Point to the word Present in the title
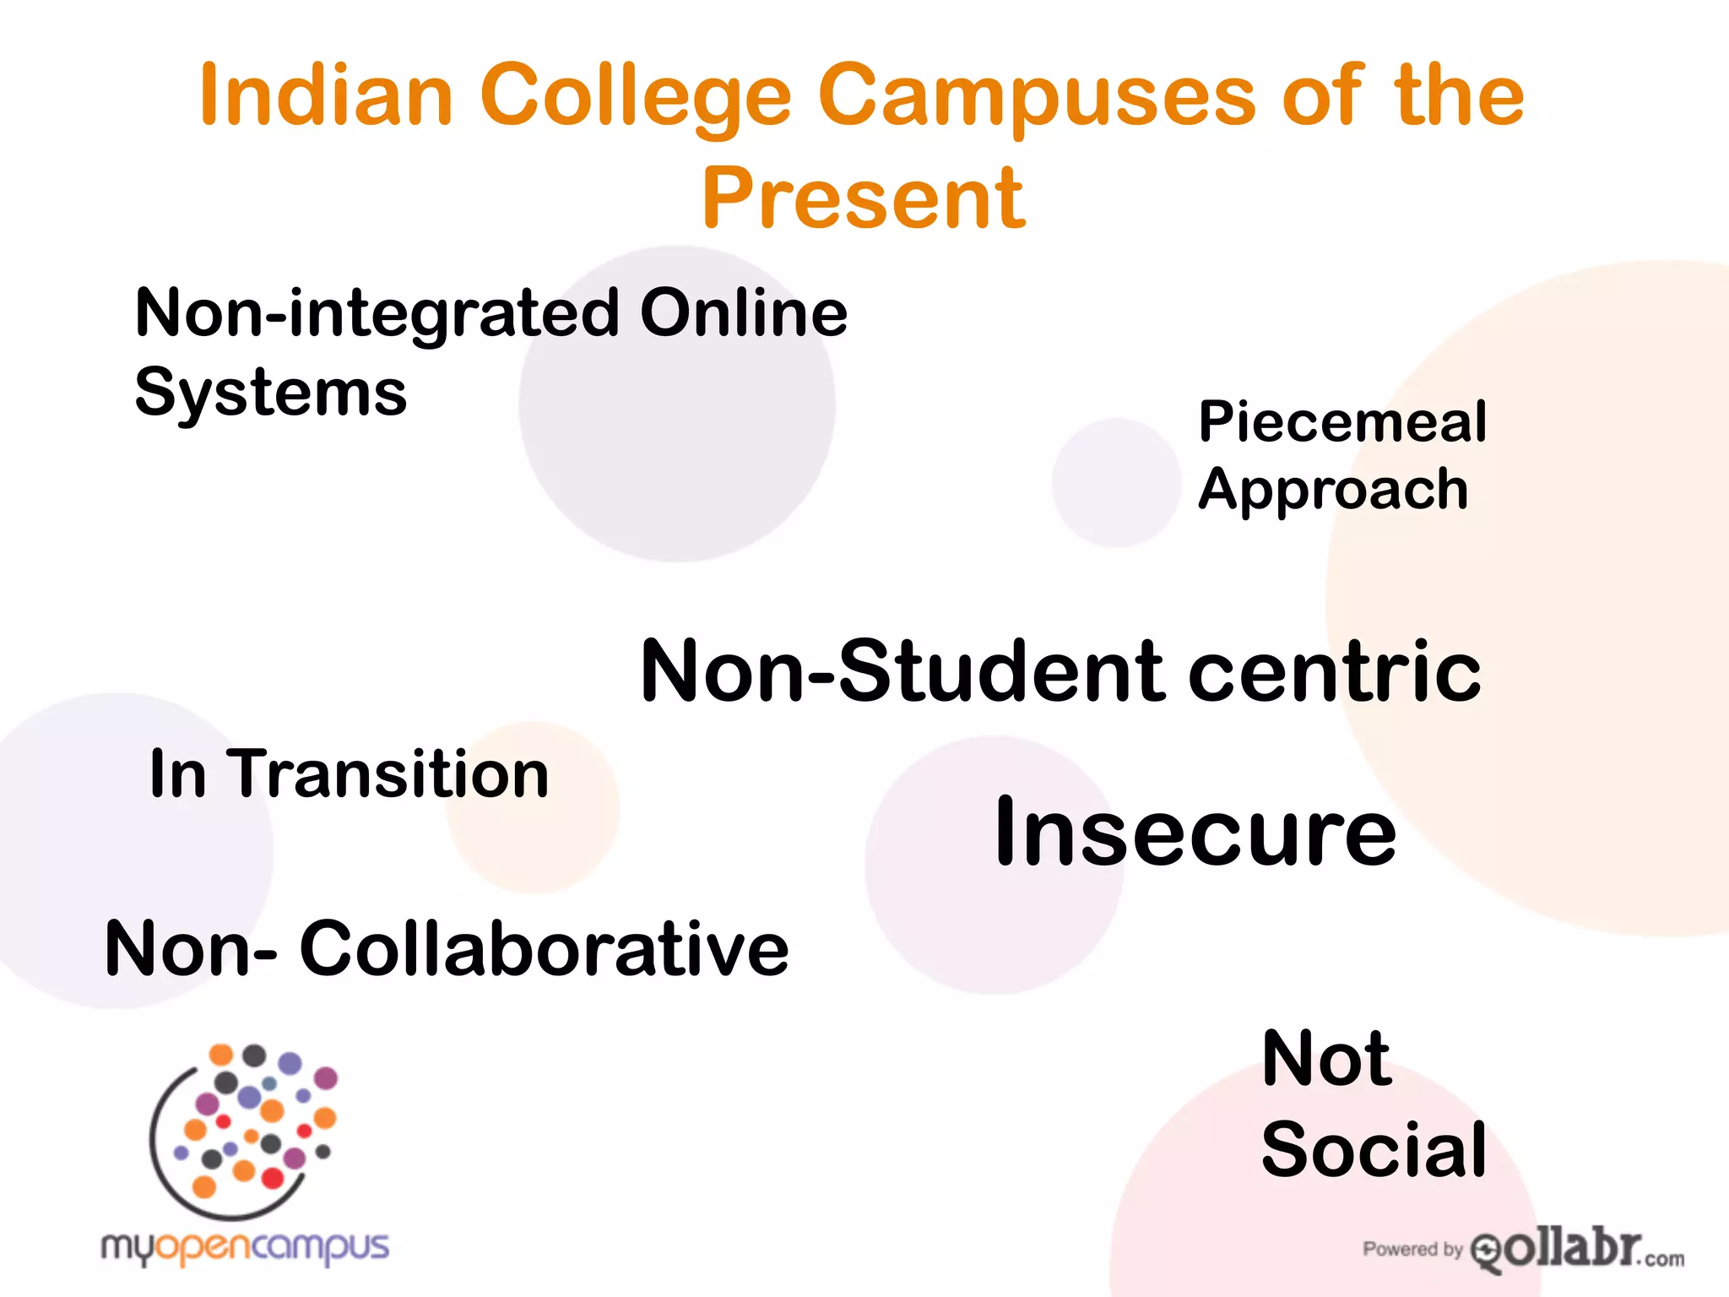[864, 199]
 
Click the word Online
[743, 313]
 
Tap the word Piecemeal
[1342, 421]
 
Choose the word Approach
[1334, 491]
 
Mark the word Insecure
[1195, 833]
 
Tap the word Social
[1374, 1150]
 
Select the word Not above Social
[1326, 1059]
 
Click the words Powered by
[1412, 1249]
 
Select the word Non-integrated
[376, 313]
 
